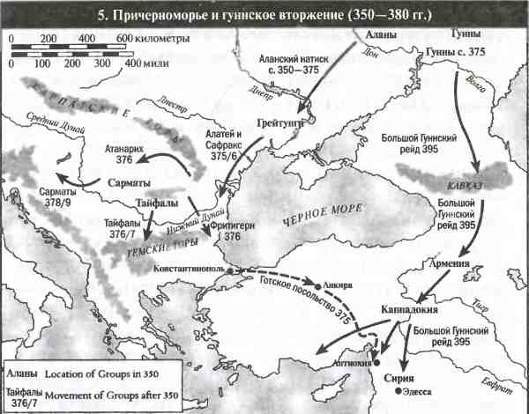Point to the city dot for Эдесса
click(399, 390)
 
